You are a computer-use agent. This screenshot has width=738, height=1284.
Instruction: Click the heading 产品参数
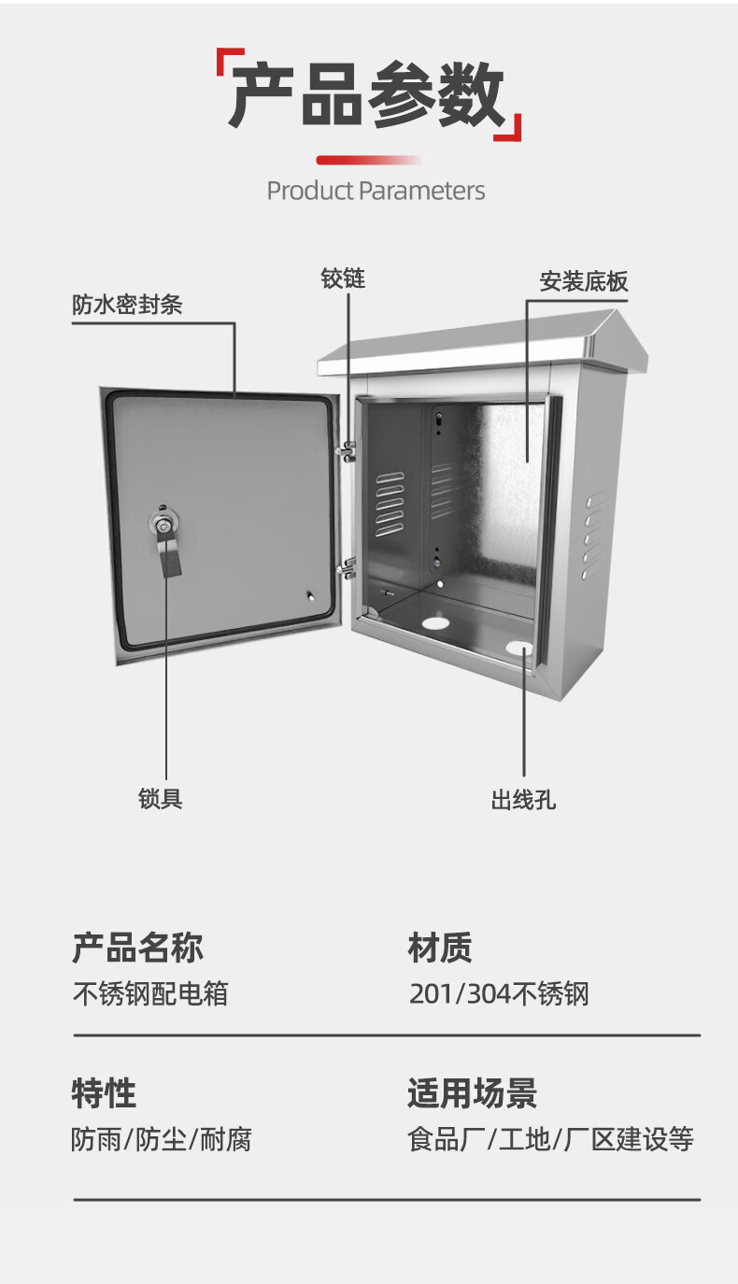click(x=367, y=96)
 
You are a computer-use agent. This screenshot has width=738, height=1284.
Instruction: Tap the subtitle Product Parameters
click(x=376, y=191)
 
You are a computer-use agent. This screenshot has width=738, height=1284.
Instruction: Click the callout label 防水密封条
click(x=127, y=305)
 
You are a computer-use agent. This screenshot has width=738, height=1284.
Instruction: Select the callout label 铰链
click(x=343, y=278)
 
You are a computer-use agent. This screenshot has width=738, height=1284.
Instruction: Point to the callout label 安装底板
click(x=584, y=281)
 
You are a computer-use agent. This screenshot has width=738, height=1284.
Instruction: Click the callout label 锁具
click(x=161, y=798)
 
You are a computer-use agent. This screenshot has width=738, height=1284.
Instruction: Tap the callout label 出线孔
click(x=523, y=800)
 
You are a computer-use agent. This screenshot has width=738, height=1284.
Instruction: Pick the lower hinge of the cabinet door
click(x=347, y=566)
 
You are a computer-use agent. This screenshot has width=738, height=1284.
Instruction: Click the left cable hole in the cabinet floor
click(x=435, y=621)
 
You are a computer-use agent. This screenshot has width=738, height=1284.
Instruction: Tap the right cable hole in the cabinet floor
click(x=519, y=647)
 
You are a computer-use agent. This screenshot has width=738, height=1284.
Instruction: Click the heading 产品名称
click(x=137, y=948)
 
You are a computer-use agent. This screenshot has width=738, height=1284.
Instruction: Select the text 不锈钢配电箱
click(x=150, y=992)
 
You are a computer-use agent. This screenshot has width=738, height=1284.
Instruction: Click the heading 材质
click(x=440, y=948)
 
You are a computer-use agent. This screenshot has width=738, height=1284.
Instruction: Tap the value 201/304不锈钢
click(x=499, y=992)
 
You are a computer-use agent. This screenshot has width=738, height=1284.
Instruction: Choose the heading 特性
click(x=104, y=1092)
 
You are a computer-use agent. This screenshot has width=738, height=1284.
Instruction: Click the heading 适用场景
click(x=472, y=1092)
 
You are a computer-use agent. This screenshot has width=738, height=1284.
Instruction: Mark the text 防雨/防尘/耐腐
click(x=162, y=1139)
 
